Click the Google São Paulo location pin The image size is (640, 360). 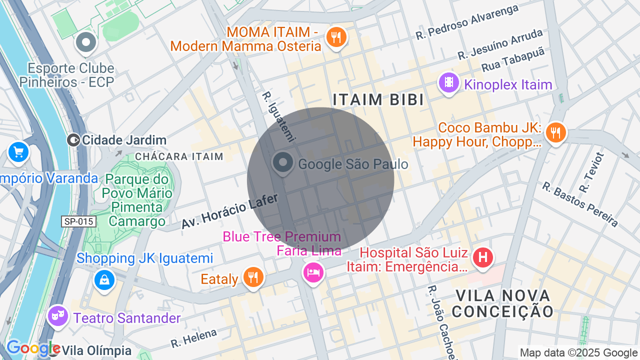coord(283,163)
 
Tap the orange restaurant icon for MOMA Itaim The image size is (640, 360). coord(336,37)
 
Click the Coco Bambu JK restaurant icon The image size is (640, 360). coord(555,132)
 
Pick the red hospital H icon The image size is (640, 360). coord(482,258)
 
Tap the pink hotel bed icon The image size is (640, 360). coord(313,271)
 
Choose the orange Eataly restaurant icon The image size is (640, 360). coord(253,276)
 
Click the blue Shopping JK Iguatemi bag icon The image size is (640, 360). coord(104,280)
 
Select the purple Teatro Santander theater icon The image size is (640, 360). coord(58,315)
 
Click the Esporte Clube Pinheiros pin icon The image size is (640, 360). coord(86,42)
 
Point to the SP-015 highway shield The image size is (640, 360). coord(78,221)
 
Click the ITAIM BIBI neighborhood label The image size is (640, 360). coord(378,99)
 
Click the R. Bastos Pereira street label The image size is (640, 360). coord(580,204)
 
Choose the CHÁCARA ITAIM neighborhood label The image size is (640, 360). coord(179,156)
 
